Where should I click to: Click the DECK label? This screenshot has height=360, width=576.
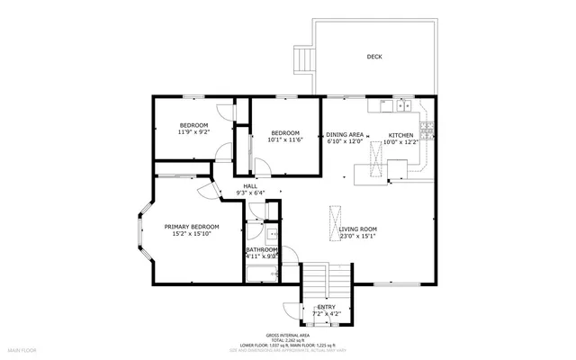tap(373, 57)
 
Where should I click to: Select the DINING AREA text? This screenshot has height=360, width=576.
tap(344, 134)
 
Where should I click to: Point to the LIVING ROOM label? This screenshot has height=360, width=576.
tap(357, 229)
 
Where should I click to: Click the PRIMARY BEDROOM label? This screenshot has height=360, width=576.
tap(191, 227)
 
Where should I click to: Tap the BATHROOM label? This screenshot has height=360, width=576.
tap(262, 249)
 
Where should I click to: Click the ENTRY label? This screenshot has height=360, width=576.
tap(326, 308)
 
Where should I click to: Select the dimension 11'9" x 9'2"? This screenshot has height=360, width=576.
tap(193, 132)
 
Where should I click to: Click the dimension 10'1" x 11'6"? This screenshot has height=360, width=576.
tap(284, 139)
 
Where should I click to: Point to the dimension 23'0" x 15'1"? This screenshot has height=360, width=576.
tap(357, 237)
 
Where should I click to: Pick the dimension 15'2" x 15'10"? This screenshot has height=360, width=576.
tap(191, 234)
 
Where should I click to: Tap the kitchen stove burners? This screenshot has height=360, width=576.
tap(427, 133)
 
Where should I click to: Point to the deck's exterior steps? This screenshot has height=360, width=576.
tap(303, 59)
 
